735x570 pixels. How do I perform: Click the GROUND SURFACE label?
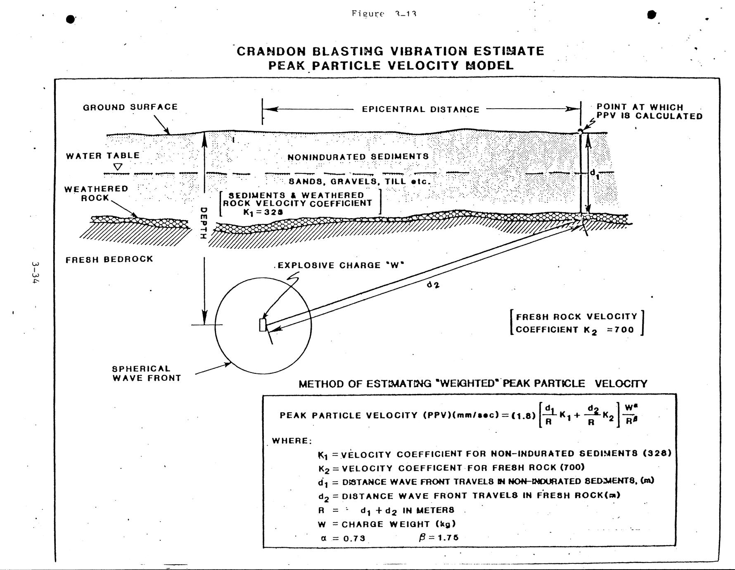coord(130,107)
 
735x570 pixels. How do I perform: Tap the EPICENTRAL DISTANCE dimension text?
coord(420,109)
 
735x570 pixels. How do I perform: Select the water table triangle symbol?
coord(118,167)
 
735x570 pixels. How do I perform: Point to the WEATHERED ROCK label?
coord(96,193)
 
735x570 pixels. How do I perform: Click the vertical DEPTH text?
coord(203,223)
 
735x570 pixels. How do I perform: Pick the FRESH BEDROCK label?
coord(109,259)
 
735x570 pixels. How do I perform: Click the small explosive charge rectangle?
coord(263,325)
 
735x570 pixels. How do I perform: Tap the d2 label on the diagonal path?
coord(433,285)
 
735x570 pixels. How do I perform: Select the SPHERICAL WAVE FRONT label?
coord(147,373)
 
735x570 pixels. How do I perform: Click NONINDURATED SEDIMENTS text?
coord(358,157)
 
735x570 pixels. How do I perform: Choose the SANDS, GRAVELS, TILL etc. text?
coord(359,181)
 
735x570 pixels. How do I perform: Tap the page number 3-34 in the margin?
coord(36,272)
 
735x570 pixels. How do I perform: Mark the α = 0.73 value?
coord(343,538)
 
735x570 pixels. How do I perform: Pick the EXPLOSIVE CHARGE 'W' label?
coord(340,266)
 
